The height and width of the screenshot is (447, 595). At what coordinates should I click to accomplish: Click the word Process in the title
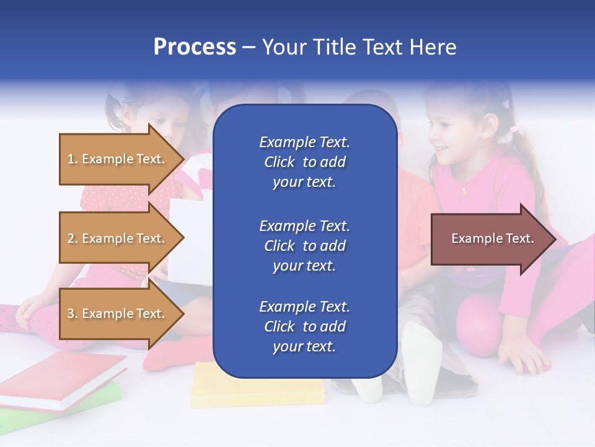195,47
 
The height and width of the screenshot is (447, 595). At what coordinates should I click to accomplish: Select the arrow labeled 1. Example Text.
118,159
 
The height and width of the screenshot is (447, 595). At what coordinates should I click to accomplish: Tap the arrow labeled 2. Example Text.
118,238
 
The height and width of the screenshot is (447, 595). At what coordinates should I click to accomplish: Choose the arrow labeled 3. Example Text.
118,314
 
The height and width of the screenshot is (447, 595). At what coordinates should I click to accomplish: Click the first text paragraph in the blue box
304,162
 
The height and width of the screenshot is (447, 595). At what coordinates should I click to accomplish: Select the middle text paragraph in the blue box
304,245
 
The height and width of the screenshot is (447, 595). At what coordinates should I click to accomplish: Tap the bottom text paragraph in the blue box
304,327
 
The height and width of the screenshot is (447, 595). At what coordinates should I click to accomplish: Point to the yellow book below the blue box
257,388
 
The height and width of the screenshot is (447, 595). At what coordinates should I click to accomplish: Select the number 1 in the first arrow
71,159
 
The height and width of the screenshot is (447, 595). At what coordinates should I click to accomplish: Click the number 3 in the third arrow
71,314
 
